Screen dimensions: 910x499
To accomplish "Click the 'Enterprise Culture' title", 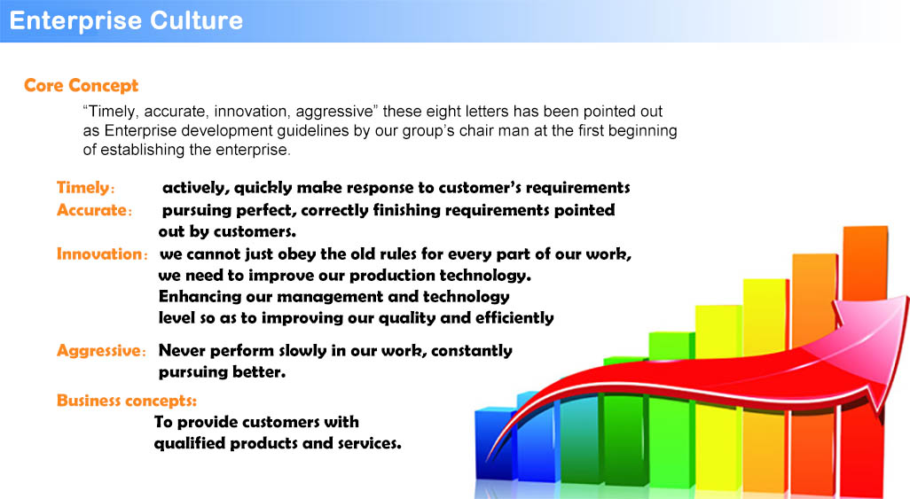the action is point(126,21).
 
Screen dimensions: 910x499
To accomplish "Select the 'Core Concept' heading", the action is point(82,85).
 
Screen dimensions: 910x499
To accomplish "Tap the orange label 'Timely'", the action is point(82,188).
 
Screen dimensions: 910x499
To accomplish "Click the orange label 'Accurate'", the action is point(91,210).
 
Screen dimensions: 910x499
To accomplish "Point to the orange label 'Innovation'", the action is point(98,254).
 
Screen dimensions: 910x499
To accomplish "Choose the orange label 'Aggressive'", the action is point(98,351).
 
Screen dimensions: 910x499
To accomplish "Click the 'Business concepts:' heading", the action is point(127,401).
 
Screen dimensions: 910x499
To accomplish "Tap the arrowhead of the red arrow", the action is point(874,342).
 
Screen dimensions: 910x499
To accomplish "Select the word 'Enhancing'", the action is point(199,297).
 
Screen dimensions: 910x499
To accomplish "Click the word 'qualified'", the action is point(189,444).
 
